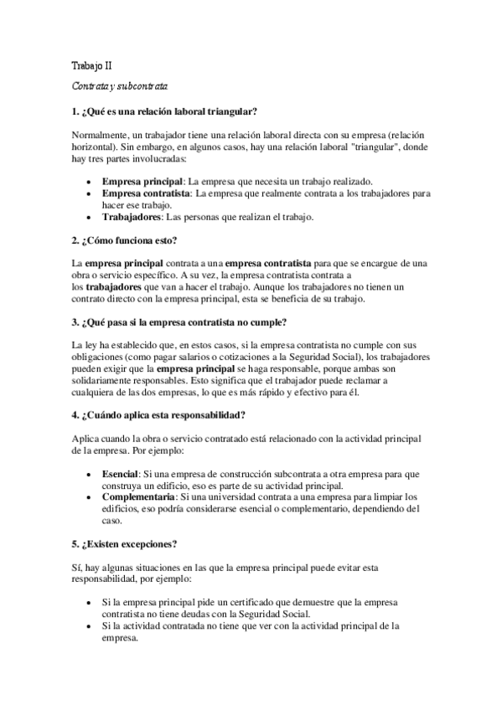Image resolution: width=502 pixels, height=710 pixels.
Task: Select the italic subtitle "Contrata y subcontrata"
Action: [120, 86]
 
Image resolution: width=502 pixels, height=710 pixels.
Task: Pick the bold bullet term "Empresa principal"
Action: [142, 182]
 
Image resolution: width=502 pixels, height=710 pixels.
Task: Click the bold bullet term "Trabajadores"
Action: [132, 218]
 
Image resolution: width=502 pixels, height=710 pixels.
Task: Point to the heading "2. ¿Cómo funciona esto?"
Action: [123, 241]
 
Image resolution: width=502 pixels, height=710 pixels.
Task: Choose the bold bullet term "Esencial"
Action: [120, 474]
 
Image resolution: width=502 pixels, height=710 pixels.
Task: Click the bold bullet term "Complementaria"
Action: [137, 497]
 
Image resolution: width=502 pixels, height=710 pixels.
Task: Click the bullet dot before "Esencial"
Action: [91, 475]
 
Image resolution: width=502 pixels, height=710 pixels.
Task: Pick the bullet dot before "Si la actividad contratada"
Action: [91, 625]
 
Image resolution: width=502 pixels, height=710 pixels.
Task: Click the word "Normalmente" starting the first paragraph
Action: [99, 134]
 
